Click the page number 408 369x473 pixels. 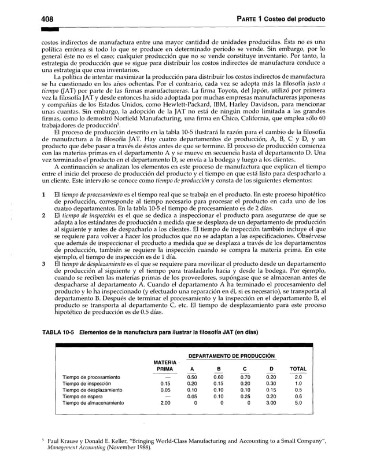click(38, 19)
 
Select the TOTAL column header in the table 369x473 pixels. click(298, 368)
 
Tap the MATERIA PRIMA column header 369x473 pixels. click(165, 365)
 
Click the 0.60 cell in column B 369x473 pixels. click(218, 377)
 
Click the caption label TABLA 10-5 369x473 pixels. click(57, 332)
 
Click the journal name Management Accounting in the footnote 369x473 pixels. click(78, 449)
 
